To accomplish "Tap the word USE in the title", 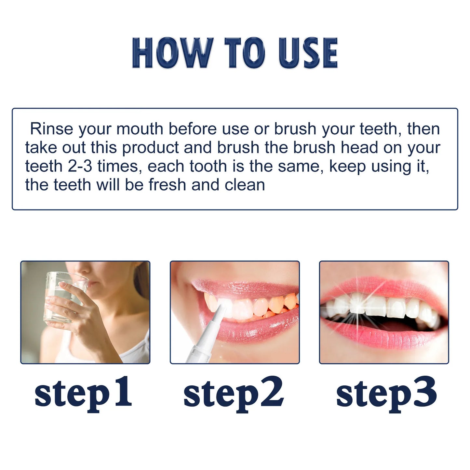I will (308, 53).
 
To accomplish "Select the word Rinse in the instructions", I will (51, 129).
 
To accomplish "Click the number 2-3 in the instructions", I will (80, 166).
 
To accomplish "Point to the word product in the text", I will (150, 147).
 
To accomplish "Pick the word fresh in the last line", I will (168, 185).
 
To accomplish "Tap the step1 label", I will (83, 393).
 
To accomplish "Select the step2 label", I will (234, 393).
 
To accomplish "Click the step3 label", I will (386, 393).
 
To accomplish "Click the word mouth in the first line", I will (140, 129).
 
